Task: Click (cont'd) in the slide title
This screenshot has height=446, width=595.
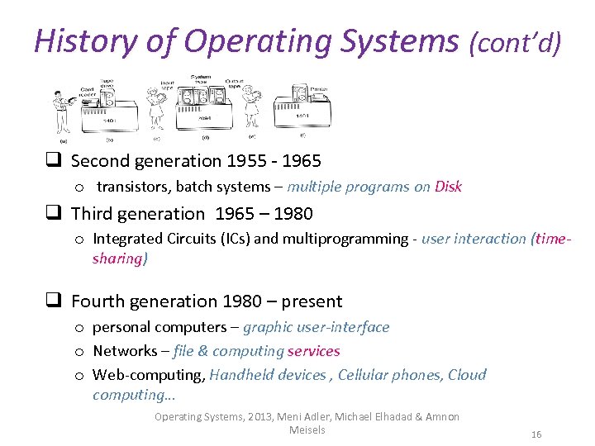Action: pyautogui.click(x=515, y=41)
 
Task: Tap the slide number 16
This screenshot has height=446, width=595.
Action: pyautogui.click(x=536, y=434)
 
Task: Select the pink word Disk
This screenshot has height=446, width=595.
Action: pyautogui.click(x=448, y=187)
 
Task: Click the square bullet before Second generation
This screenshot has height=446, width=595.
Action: pyautogui.click(x=56, y=161)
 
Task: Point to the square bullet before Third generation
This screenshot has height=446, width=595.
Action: pyautogui.click(x=56, y=214)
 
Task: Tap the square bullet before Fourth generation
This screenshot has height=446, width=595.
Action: pyautogui.click(x=56, y=301)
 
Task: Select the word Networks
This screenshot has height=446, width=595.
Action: pyautogui.click(x=125, y=351)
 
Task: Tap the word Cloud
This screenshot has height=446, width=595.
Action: pyautogui.click(x=467, y=375)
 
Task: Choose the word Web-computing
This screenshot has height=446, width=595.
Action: pyautogui.click(x=149, y=375)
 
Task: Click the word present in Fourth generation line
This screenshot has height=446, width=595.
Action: pyautogui.click(x=312, y=301)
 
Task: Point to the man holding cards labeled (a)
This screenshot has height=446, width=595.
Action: pyautogui.click(x=62, y=109)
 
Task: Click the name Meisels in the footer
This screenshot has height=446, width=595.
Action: pyautogui.click(x=307, y=429)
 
